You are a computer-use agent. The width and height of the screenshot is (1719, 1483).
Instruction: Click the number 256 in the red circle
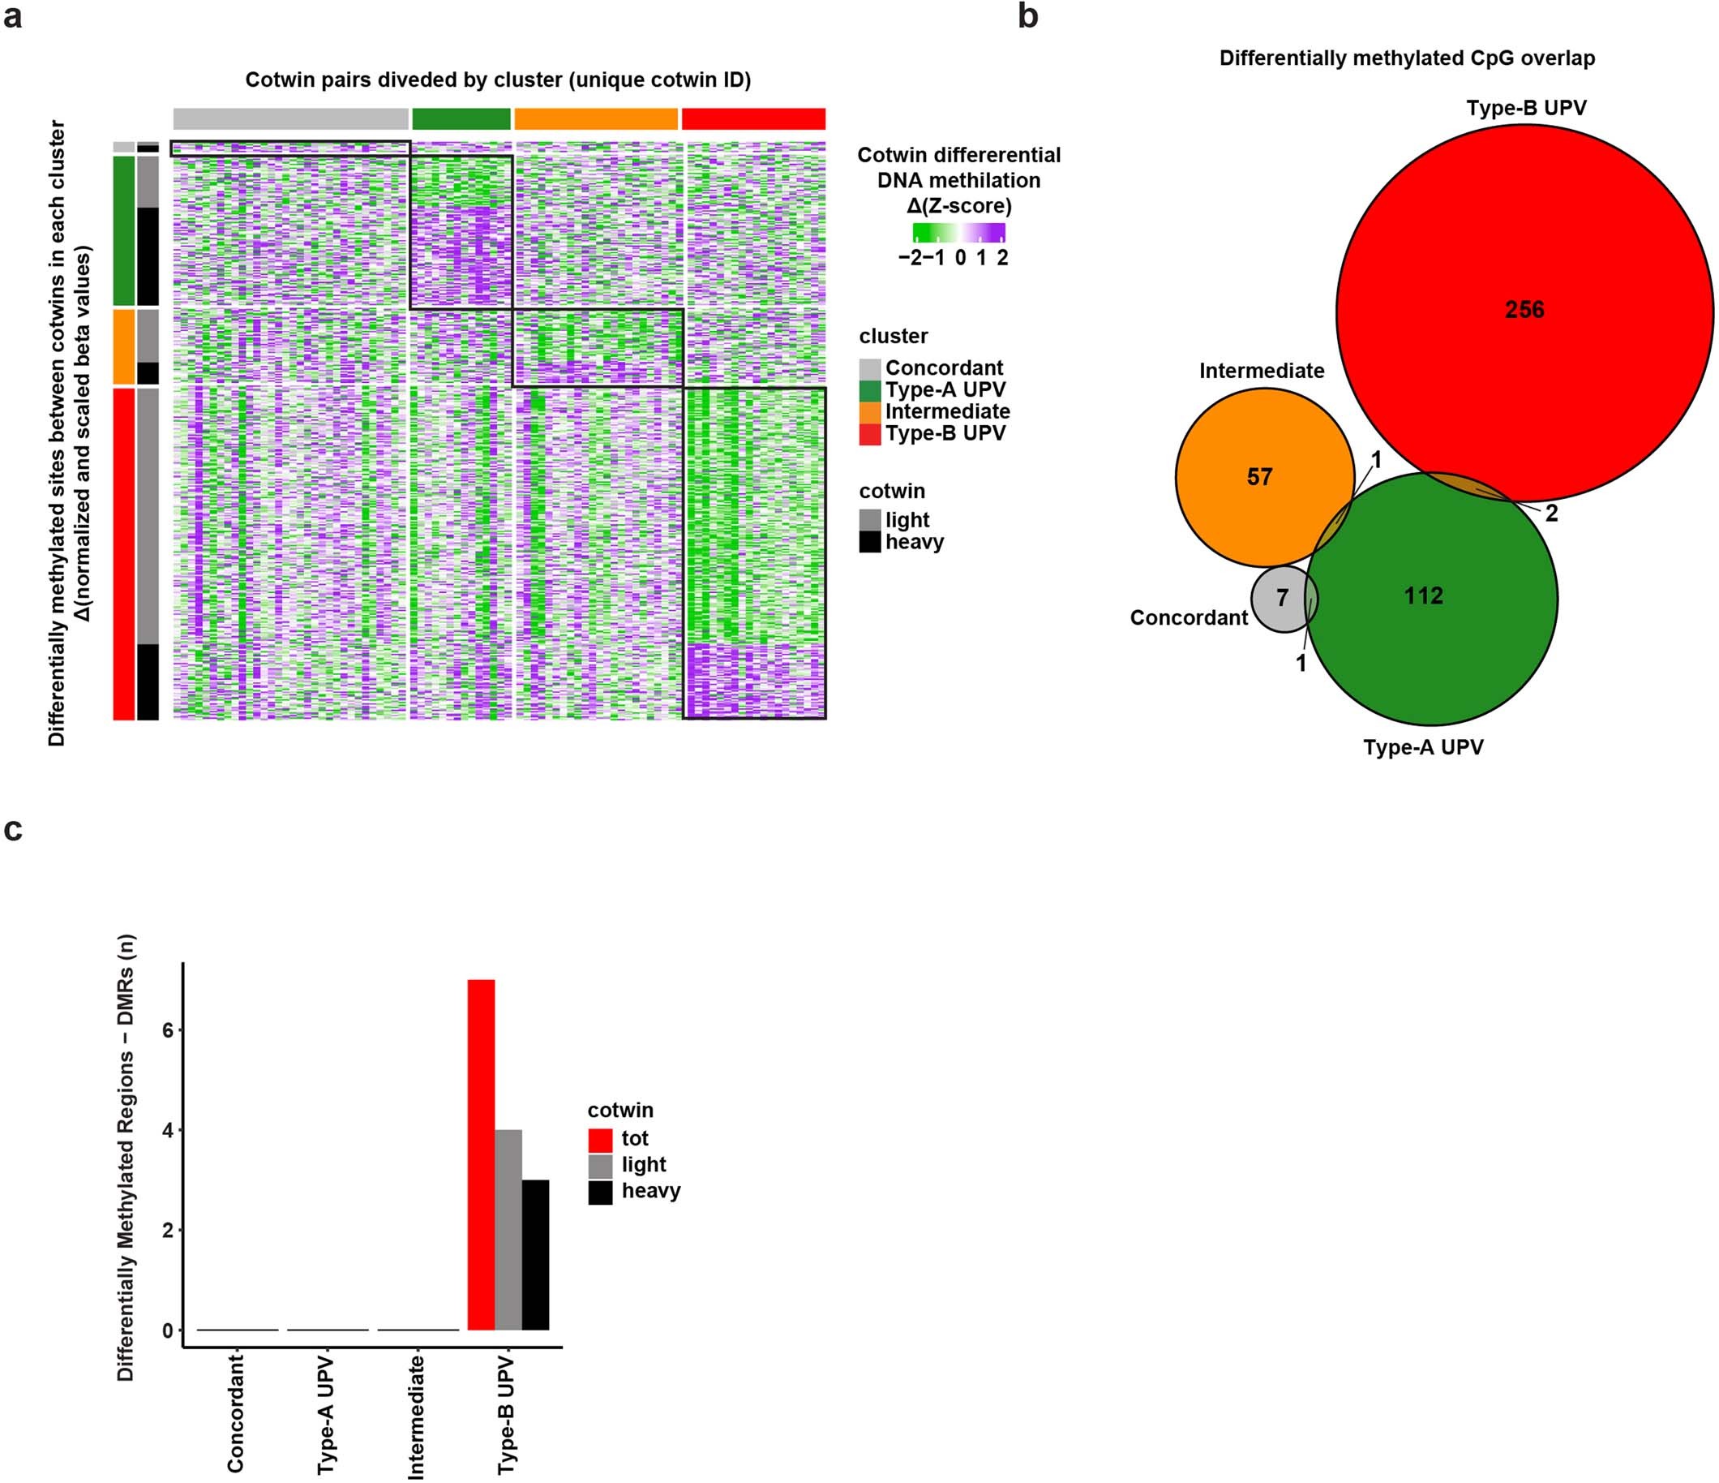point(1525,310)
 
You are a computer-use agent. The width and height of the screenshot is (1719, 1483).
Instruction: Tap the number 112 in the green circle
point(1424,595)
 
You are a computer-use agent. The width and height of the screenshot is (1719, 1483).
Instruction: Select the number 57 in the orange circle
point(1259,476)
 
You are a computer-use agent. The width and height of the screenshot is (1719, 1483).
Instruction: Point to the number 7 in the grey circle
point(1283,598)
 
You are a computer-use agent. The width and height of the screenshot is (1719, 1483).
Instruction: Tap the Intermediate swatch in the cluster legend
point(869,412)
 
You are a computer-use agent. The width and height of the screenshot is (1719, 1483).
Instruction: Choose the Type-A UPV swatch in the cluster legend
point(869,391)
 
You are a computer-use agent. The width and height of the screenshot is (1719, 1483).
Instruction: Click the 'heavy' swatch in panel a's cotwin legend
point(869,542)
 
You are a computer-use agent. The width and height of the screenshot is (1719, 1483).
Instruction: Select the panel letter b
point(1027,16)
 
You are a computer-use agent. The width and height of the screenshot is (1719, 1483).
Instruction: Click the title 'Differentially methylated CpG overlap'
point(1407,58)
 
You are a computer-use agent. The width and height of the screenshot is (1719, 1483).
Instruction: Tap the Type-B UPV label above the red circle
point(1526,108)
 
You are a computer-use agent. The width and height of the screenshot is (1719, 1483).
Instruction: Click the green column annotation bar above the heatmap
point(461,118)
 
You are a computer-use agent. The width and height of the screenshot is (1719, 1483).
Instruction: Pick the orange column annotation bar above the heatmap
point(596,118)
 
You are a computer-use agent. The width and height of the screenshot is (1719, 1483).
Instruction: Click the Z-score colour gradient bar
point(959,231)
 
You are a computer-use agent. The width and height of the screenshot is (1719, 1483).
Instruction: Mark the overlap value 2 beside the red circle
point(1550,514)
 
